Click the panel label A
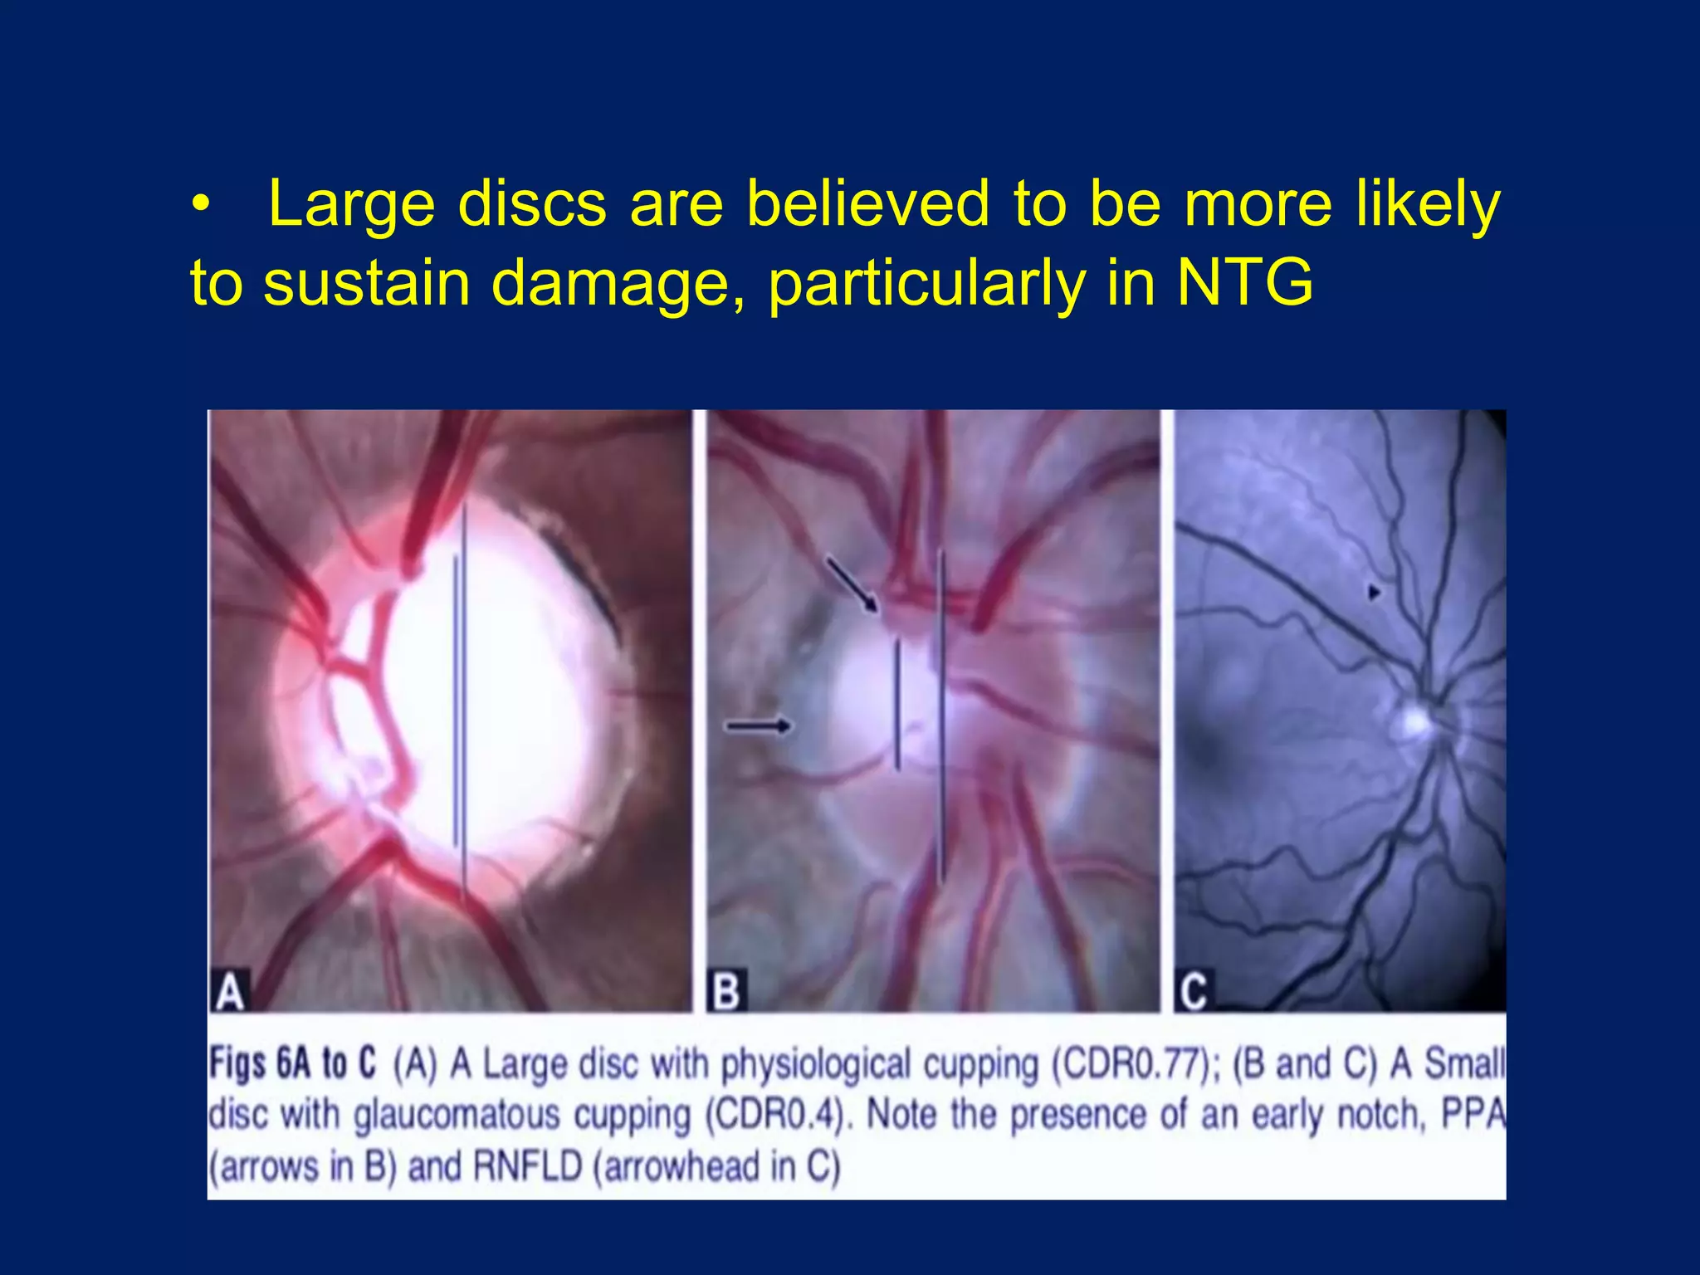[x=230, y=991]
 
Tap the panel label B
[x=726, y=991]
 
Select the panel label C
[x=1193, y=991]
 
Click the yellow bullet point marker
[x=199, y=205]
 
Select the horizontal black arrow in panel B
[x=758, y=726]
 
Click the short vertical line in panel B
[x=897, y=706]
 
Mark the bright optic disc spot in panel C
[x=1414, y=721]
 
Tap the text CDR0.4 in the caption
[x=778, y=1115]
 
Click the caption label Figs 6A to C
[x=292, y=1063]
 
